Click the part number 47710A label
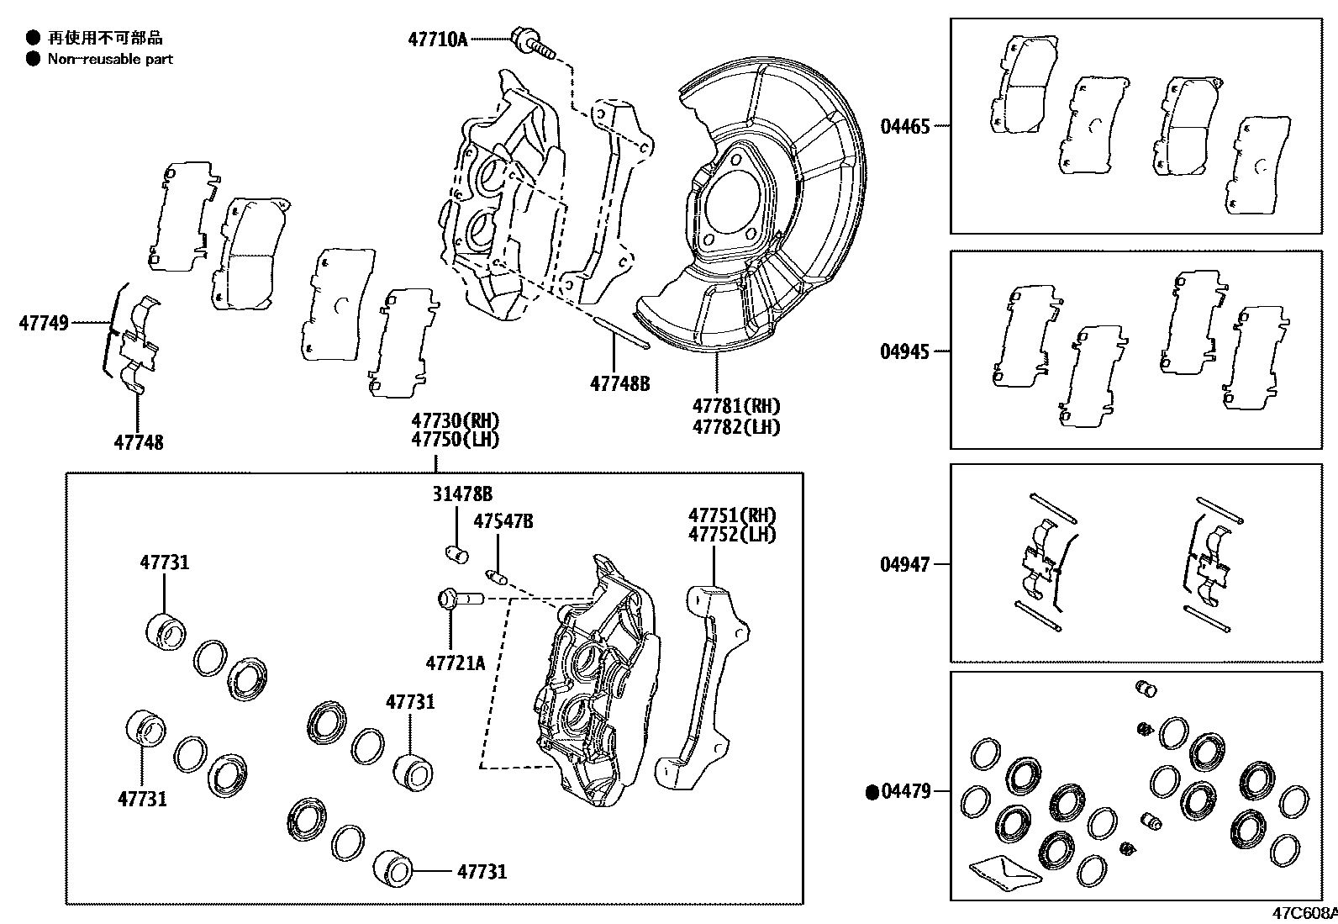point(437,39)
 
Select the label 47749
point(44,322)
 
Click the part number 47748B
point(620,383)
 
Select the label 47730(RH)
point(455,420)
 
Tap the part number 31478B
point(462,494)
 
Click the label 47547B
point(503,521)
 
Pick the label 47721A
point(456,663)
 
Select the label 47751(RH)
point(732,515)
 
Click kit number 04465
point(905,127)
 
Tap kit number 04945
point(905,351)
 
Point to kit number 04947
point(905,564)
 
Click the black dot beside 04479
point(872,791)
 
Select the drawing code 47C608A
point(1303,913)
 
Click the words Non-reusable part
point(110,59)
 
